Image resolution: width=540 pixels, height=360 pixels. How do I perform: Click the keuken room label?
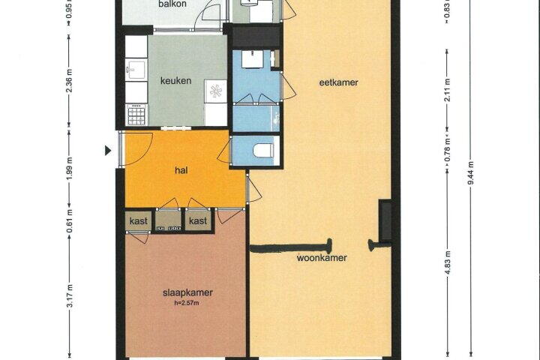point(175,80)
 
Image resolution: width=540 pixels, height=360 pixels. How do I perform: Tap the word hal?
point(181,170)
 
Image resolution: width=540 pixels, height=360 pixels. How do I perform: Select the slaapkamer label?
point(187,292)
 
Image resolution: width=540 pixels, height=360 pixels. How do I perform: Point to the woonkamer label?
point(322,258)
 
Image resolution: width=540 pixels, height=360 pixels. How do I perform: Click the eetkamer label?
point(339,82)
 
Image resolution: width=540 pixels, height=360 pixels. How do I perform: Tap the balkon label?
point(172,4)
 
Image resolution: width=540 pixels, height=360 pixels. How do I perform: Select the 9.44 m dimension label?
point(471,173)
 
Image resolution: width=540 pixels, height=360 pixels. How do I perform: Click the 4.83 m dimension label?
point(448,262)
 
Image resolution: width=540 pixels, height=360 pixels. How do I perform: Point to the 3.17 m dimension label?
point(70,296)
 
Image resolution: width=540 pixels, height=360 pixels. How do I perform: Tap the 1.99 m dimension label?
point(70,168)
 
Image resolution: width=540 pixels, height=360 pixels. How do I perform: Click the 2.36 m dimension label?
point(70,81)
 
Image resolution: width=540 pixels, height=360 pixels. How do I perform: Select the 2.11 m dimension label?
point(448,90)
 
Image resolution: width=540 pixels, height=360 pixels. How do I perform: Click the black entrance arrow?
point(108,151)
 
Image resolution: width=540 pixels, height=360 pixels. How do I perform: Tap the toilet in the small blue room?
point(263,151)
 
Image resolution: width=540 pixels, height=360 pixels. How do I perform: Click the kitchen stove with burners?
point(136,115)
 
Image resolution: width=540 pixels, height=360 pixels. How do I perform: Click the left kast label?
point(139,221)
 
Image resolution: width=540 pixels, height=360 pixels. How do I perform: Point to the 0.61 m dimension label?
point(70,220)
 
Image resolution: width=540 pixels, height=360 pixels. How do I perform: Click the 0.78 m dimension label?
point(448,149)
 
